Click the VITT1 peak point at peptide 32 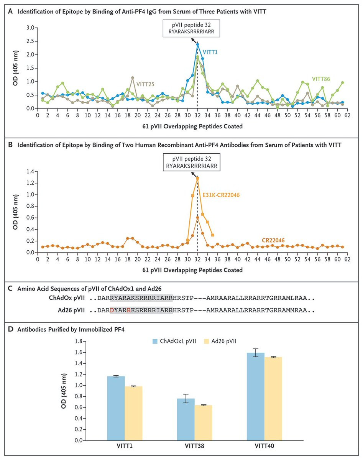[197, 44]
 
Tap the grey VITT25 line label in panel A [145, 84]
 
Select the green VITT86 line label [321, 79]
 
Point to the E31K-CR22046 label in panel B [221, 195]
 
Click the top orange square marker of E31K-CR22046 [197, 178]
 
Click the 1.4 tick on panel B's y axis [30, 171]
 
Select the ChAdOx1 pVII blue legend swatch [155, 341]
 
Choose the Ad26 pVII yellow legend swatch [207, 341]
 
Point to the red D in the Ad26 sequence [112, 310]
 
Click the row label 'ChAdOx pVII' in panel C [67, 298]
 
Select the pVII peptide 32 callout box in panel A [191, 29]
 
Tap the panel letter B [10, 145]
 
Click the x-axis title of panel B [192, 270]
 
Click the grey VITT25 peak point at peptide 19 [133, 77]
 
